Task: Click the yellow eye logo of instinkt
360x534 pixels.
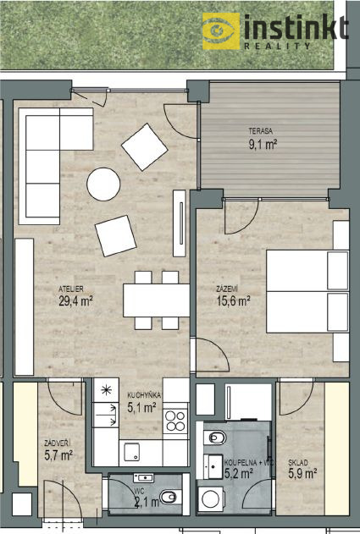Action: tap(221, 31)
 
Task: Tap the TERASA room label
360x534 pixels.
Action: tap(260, 131)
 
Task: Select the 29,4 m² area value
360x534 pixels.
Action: tap(75, 301)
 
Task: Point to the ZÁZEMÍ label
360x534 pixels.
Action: tap(227, 289)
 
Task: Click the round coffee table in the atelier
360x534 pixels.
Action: tap(103, 184)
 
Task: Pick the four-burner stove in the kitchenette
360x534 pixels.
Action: tap(175, 421)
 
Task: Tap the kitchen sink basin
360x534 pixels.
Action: tap(131, 452)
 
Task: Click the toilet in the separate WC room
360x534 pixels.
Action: tap(168, 498)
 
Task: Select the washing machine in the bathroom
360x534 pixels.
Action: tap(211, 499)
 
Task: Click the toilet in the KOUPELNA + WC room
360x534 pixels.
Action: tap(215, 437)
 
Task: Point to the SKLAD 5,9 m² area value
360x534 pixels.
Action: tap(302, 473)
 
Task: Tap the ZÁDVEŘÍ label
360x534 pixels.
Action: tap(58, 443)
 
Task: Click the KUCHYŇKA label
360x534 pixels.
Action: tap(144, 395)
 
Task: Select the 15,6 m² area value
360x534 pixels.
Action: tap(234, 301)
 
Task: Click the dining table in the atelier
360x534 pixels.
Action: tap(157, 300)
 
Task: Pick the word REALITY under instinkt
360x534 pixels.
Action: tap(277, 46)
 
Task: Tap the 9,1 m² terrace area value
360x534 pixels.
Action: tap(263, 145)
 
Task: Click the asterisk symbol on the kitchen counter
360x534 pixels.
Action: tap(107, 390)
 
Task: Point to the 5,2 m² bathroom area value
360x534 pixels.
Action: tap(239, 473)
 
